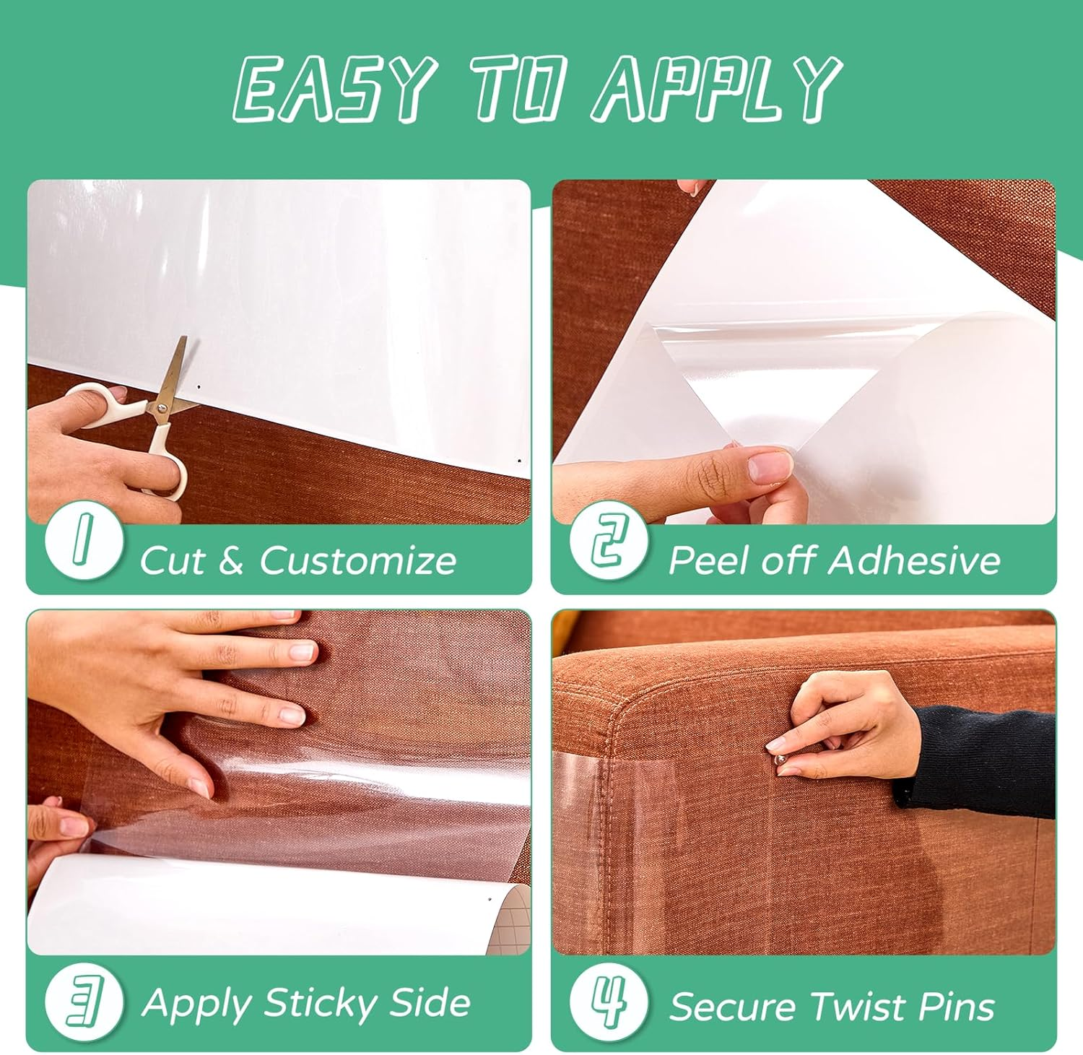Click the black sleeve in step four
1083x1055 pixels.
(x=982, y=758)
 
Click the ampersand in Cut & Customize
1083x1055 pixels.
(x=230, y=561)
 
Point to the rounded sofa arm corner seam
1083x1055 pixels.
(x=614, y=722)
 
